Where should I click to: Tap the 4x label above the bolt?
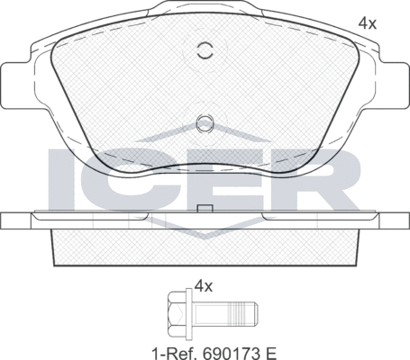pyautogui.click(x=203, y=286)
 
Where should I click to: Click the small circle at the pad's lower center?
pyautogui.click(x=205, y=121)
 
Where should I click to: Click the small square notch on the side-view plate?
pyautogui.click(x=205, y=210)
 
